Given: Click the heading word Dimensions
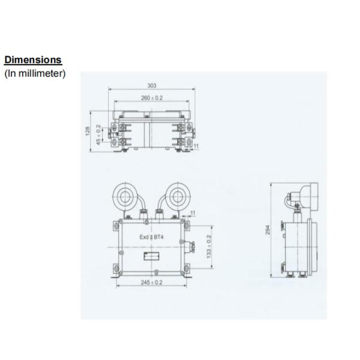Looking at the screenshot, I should click(33, 60).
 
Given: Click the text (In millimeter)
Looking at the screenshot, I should click(35, 74).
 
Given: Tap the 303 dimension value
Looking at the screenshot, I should click(151, 85).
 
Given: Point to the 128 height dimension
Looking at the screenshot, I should click(88, 131).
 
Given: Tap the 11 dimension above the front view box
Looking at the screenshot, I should click(193, 213).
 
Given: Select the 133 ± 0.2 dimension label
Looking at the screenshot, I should click(208, 246).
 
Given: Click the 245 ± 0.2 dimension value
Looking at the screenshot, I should click(151, 282).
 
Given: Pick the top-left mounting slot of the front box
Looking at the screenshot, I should click(115, 226).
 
